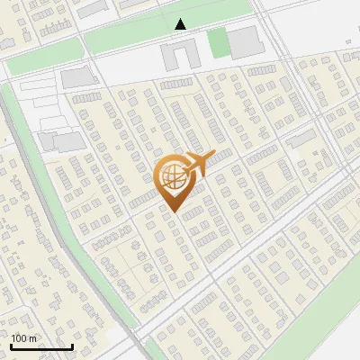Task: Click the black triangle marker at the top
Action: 181,24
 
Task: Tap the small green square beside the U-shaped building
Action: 217,42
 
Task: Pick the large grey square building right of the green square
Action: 242,41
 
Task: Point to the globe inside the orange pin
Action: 172,179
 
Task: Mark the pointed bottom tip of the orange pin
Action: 172,212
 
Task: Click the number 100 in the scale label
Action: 19,338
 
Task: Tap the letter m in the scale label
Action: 32,338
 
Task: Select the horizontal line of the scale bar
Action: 41,347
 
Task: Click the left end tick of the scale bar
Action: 11,346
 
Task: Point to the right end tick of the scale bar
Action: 72,346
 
